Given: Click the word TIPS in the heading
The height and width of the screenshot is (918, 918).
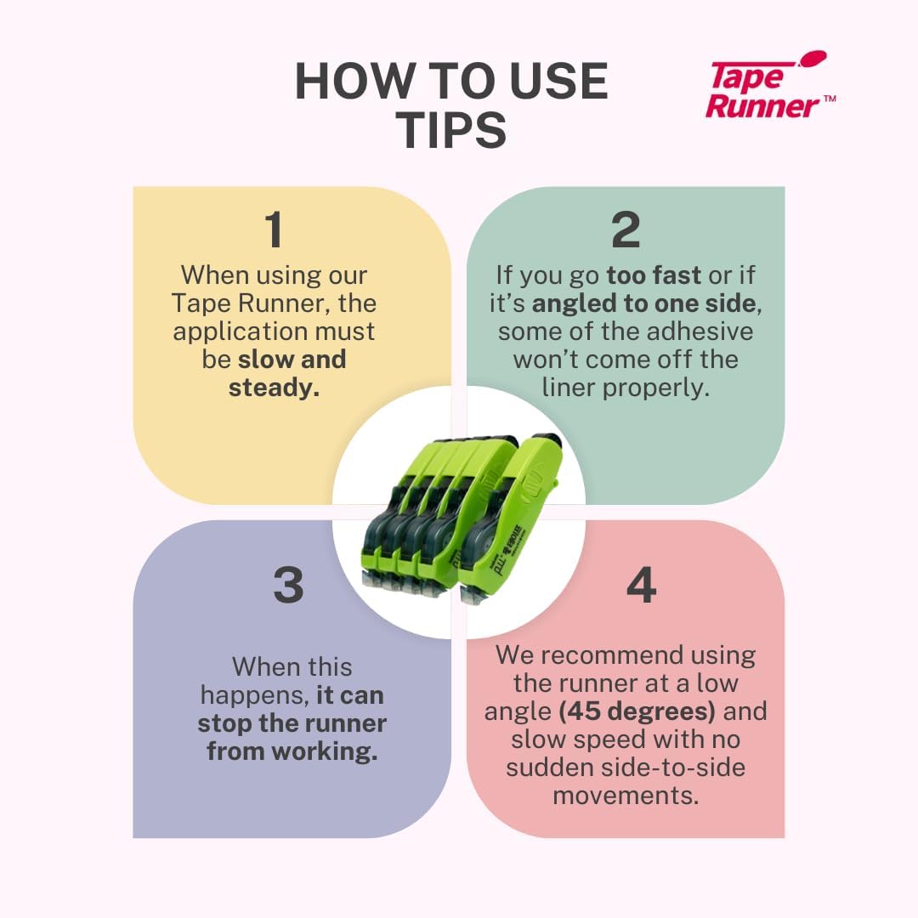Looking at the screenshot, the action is click(450, 129).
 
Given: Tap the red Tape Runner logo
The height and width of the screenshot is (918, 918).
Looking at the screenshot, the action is click(768, 86).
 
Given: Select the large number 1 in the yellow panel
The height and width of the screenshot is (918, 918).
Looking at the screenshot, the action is click(274, 229).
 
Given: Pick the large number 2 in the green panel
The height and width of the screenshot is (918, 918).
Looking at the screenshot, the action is click(626, 229).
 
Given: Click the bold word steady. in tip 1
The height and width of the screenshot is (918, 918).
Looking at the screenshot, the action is click(274, 388).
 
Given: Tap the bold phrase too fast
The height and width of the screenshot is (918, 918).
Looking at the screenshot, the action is click(654, 275).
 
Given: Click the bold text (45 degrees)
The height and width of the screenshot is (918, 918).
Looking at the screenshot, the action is click(637, 711).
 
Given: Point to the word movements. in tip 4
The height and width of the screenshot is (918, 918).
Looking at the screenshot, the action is click(626, 796).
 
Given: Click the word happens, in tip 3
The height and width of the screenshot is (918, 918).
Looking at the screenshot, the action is click(255, 695).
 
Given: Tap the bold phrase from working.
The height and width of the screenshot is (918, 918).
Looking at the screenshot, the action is click(292, 751).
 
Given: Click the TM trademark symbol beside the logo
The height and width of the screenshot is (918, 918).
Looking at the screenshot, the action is click(830, 99).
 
